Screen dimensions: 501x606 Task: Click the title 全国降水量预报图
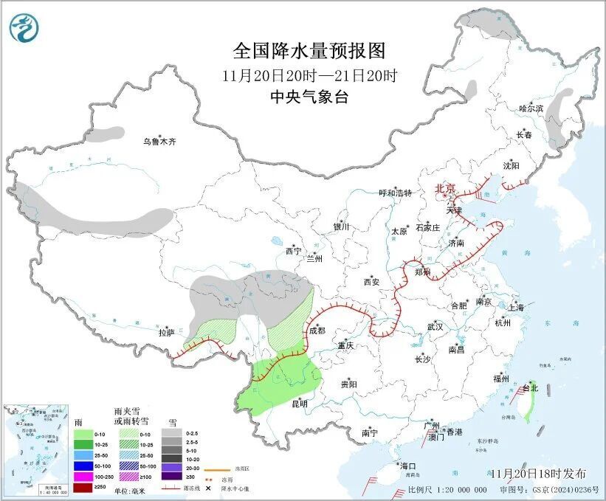click(309, 51)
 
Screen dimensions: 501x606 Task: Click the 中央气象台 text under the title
click(309, 97)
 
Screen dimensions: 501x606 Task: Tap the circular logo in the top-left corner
click(23, 27)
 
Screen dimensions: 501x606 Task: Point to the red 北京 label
click(446, 188)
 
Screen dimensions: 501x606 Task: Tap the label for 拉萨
click(166, 333)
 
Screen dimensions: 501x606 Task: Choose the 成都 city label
click(316, 331)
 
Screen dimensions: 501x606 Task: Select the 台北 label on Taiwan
click(531, 388)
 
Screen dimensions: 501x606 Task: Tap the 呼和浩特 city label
click(395, 193)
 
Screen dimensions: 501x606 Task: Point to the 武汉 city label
click(435, 326)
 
